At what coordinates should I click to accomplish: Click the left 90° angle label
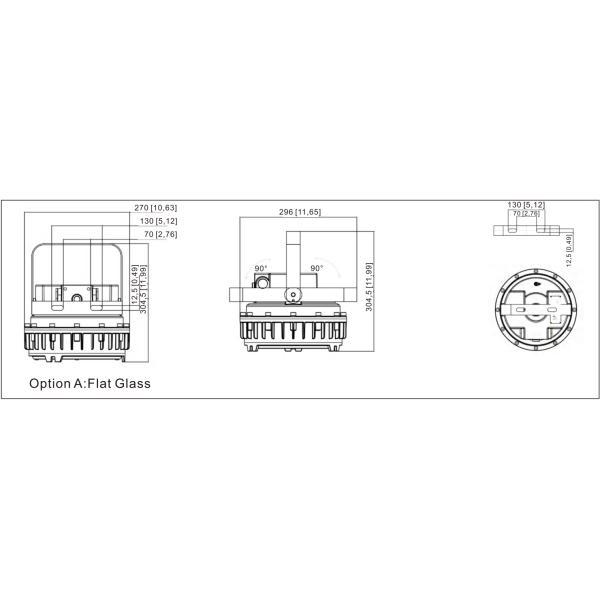click(x=260, y=269)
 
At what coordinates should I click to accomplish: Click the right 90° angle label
click(x=316, y=269)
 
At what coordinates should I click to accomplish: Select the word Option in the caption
click(x=50, y=383)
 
